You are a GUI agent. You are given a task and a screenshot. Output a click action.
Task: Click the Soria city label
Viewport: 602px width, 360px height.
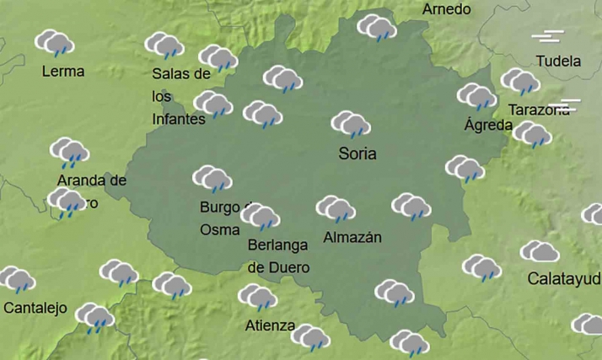point(357,154)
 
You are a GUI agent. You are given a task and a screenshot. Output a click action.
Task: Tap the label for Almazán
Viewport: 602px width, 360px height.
point(352,238)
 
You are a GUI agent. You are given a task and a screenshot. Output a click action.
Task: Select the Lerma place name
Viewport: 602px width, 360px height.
point(63,72)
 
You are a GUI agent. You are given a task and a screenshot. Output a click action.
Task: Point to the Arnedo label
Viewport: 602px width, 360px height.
point(446,10)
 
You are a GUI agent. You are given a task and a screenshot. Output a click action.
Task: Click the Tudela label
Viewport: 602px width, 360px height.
point(558,62)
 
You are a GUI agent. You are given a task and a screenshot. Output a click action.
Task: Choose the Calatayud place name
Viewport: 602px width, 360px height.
point(564,278)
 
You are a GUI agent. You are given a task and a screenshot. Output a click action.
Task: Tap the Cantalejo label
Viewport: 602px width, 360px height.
point(35,308)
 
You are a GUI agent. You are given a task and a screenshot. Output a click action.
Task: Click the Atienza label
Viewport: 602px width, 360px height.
point(270,325)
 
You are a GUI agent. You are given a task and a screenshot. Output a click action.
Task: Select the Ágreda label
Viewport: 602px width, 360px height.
point(488,126)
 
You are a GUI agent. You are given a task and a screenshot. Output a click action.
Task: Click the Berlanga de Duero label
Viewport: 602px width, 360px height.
point(278,256)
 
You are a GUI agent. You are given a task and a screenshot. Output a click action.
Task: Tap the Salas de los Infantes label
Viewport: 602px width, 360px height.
point(180,96)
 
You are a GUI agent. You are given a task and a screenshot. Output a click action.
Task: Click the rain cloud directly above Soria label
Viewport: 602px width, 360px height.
point(351,125)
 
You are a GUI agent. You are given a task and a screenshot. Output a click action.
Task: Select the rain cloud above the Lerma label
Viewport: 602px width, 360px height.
point(55,42)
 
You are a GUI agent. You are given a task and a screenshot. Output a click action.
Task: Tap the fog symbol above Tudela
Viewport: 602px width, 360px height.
point(547,37)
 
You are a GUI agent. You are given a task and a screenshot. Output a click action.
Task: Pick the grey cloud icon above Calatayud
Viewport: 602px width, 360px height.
point(540,252)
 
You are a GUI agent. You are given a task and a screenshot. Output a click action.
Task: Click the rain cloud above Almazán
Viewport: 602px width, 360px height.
point(336,209)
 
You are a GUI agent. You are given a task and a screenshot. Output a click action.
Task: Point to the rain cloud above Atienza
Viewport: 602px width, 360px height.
point(257,297)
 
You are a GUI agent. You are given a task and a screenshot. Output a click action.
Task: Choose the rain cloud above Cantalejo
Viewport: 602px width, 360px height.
point(17,279)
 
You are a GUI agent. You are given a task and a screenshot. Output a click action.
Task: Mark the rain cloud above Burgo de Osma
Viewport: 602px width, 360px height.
point(212,179)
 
